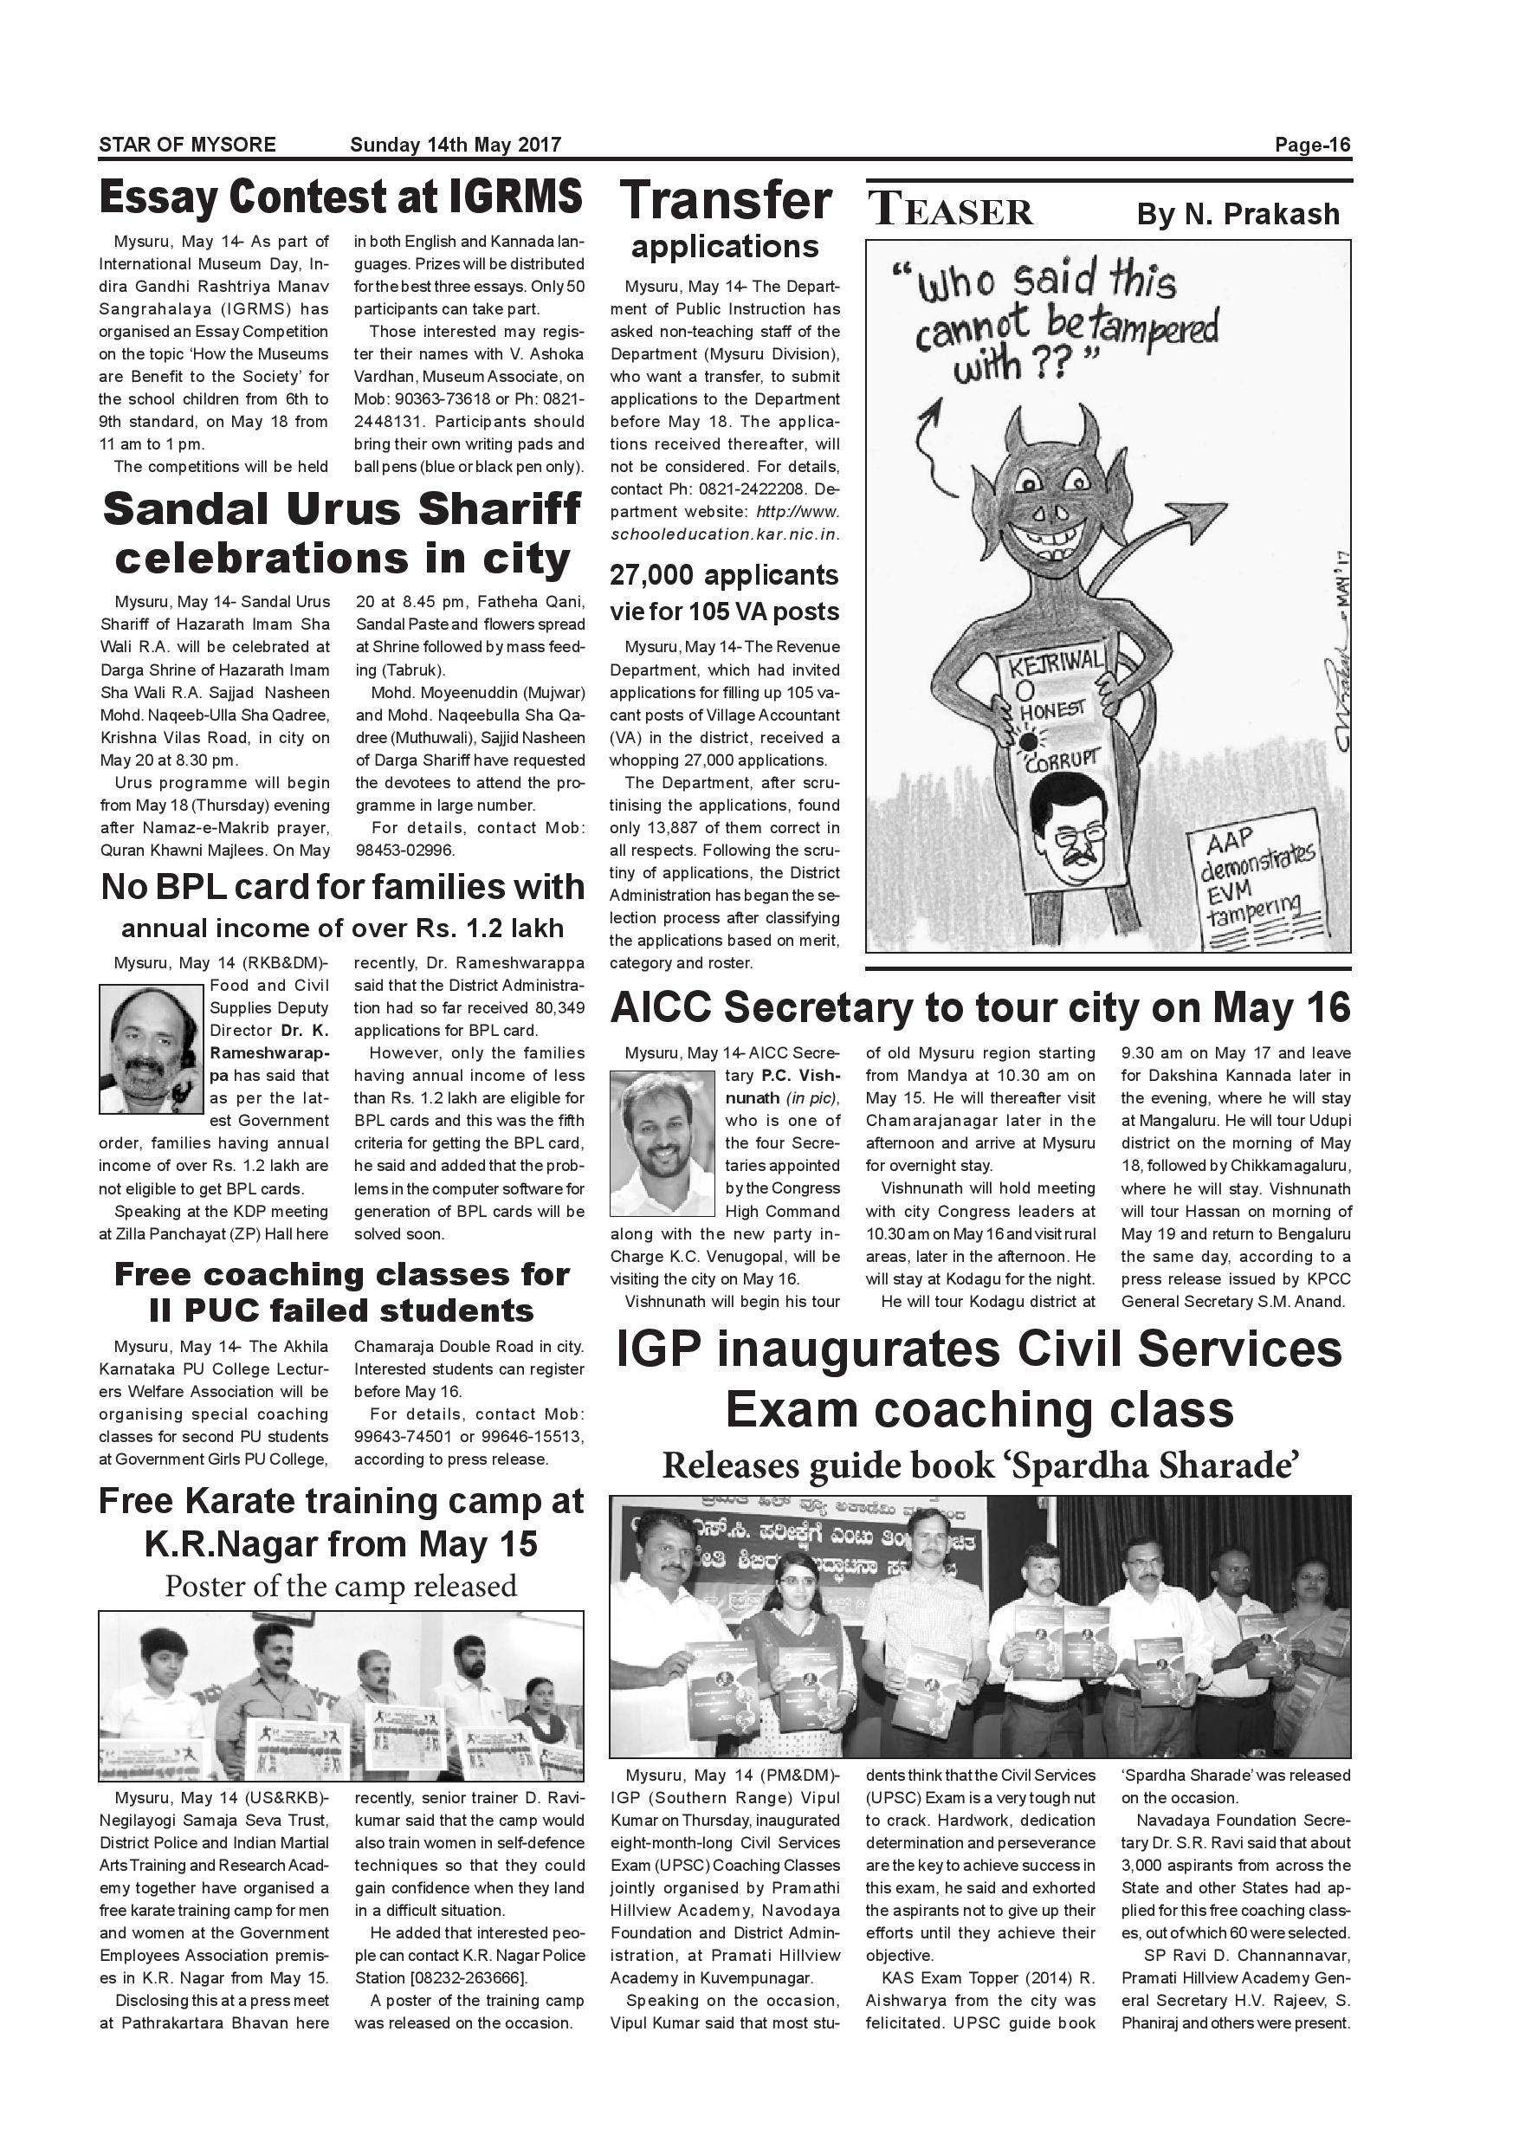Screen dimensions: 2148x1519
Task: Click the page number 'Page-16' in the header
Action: pyautogui.click(x=1312, y=145)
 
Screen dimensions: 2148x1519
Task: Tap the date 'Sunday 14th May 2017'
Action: pyautogui.click(x=456, y=145)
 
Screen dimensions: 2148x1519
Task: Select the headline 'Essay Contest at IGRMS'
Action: pyautogui.click(x=340, y=197)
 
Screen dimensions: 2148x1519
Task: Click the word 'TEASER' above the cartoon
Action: pyautogui.click(x=951, y=210)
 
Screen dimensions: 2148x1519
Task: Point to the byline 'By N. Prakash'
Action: pyautogui.click(x=1238, y=214)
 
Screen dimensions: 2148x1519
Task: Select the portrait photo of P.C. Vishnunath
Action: pyautogui.click(x=662, y=1142)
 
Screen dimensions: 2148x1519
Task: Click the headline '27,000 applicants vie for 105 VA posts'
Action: pyautogui.click(x=724, y=593)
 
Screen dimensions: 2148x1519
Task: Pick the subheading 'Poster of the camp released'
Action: pyautogui.click(x=340, y=1587)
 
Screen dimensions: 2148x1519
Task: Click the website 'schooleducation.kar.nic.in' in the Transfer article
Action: pyautogui.click(x=724, y=534)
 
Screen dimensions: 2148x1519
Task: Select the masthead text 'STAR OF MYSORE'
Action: pyautogui.click(x=187, y=145)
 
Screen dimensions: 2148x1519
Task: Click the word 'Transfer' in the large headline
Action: pyautogui.click(x=726, y=201)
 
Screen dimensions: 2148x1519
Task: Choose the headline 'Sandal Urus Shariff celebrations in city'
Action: pyautogui.click(x=341, y=534)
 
